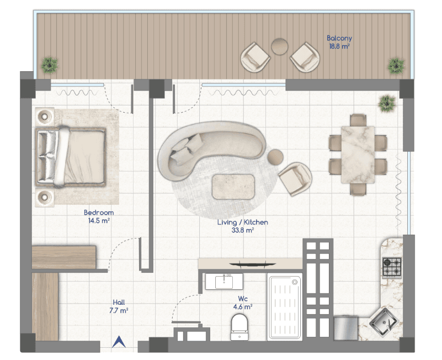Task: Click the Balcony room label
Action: coord(339,38)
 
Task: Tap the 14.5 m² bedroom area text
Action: coord(99,221)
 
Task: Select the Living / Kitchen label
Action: coord(242,223)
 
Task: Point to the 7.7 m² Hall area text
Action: coord(119,311)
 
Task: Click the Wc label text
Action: coord(243,299)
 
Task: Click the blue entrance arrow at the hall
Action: coord(119,342)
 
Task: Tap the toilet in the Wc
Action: coord(239,327)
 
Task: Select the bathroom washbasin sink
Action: coord(224,282)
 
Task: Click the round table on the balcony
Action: coord(280,46)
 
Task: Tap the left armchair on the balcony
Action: coord(255,57)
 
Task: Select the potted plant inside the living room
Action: coord(387,103)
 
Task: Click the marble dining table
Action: coord(358,155)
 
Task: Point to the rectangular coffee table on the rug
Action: coord(233,187)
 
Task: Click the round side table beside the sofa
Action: coord(275,157)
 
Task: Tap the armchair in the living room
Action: coord(295,178)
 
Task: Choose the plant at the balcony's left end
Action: coord(50,65)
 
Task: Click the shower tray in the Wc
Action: coord(284,307)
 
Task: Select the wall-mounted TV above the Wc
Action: coord(252,264)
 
